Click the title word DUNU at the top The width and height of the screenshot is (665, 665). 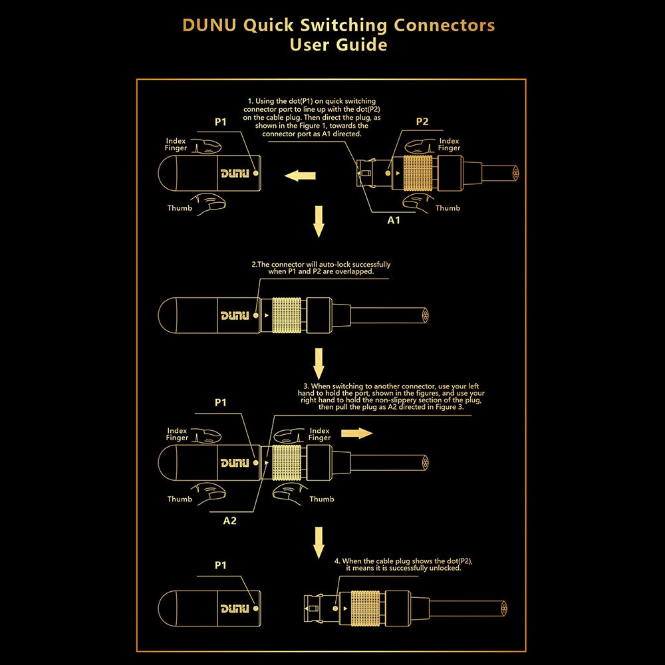click(x=209, y=25)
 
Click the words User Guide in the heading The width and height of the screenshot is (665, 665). click(x=338, y=45)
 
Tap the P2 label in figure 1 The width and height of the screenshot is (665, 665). click(x=422, y=122)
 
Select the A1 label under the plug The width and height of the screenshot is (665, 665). click(x=394, y=219)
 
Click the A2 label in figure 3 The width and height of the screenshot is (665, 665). click(x=229, y=521)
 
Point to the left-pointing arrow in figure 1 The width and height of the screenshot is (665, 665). click(x=300, y=176)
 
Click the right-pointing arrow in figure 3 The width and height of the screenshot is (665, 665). click(x=356, y=434)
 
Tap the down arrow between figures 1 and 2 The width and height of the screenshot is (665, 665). click(x=319, y=221)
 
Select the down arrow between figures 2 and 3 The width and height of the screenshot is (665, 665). click(x=319, y=362)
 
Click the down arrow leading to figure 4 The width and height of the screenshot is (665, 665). click(x=319, y=542)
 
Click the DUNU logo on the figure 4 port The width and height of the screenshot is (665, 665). click(x=235, y=608)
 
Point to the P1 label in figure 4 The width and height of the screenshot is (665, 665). click(x=221, y=565)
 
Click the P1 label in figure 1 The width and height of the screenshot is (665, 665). click(x=221, y=122)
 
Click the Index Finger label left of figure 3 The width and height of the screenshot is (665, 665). click(x=177, y=434)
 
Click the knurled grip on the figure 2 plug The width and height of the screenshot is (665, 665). click(x=287, y=315)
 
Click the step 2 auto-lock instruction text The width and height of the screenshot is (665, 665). click(x=321, y=268)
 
